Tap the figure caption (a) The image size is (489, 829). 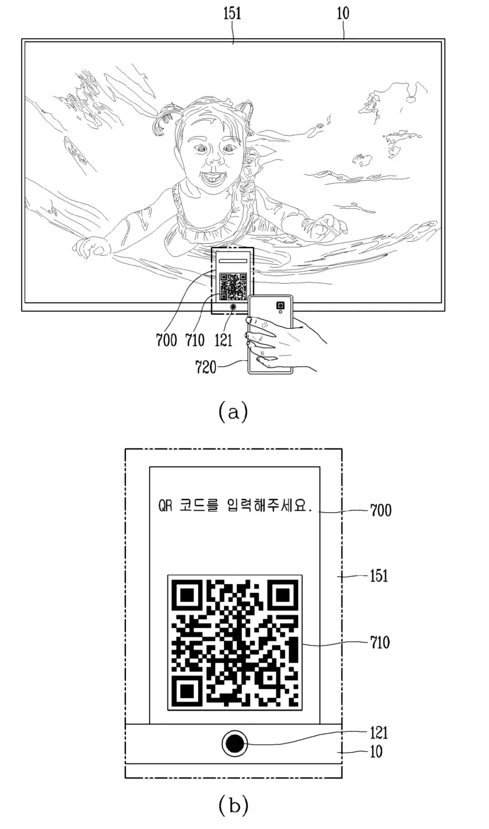coord(233,412)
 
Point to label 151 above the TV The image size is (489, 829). coord(232,13)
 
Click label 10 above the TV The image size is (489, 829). coord(343,13)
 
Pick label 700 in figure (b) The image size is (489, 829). coord(381,510)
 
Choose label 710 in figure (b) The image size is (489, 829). coord(380,643)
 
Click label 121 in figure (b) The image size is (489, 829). coord(379,733)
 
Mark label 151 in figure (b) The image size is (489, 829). coord(379,576)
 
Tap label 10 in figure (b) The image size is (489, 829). coord(376,751)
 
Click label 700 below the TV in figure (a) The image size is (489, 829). coord(167,340)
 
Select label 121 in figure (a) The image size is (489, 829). coord(223,340)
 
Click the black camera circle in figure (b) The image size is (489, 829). coord(234,744)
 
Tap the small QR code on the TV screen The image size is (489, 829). coord(233,286)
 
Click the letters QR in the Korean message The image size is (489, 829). coord(166,506)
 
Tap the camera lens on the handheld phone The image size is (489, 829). coord(280,305)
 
